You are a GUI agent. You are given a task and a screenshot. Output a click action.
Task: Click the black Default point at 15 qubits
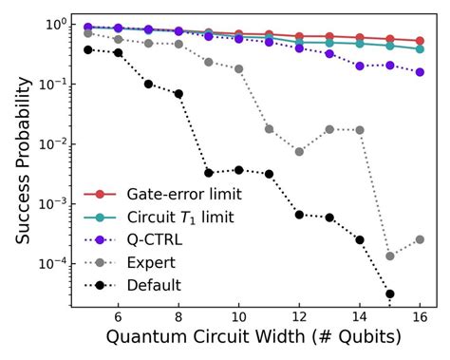(390, 294)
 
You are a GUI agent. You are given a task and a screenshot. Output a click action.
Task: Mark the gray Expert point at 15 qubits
(390, 256)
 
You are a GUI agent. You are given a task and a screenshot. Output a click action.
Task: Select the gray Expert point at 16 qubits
(420, 239)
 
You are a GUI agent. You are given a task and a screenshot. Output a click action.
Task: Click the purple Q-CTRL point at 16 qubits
(420, 72)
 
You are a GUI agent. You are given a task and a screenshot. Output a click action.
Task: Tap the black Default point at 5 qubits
(88, 49)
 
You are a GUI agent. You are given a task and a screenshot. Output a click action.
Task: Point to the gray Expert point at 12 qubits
(299, 151)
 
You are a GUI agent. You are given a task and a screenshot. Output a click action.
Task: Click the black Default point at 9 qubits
(209, 173)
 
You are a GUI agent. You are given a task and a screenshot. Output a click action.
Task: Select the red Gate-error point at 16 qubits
(420, 41)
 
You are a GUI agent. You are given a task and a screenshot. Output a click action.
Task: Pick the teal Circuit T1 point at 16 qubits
(420, 48)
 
